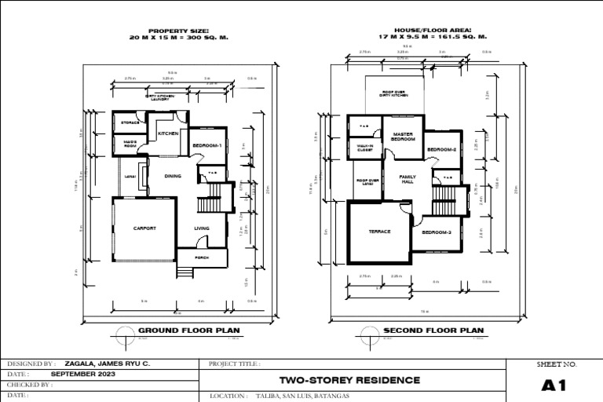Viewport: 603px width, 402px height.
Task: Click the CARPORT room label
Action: pyautogui.click(x=144, y=228)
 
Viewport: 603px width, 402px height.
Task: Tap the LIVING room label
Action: pyautogui.click(x=202, y=228)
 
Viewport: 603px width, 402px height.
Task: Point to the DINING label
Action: pyautogui.click(x=172, y=176)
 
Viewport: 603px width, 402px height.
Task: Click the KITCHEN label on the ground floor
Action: pyautogui.click(x=168, y=134)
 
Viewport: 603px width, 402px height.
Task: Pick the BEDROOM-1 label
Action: pyautogui.click(x=207, y=145)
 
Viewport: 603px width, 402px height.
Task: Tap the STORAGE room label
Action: pyautogui.click(x=130, y=122)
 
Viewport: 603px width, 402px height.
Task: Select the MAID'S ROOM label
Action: pyautogui.click(x=130, y=144)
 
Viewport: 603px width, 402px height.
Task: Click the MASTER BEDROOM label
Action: pyautogui.click(x=403, y=137)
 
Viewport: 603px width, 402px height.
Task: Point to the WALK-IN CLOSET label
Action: pyautogui.click(x=364, y=148)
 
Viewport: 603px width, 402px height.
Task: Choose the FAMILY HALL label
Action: pyautogui.click(x=407, y=179)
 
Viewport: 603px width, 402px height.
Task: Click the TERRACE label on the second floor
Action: pyautogui.click(x=380, y=232)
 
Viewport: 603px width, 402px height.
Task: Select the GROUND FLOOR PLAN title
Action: pyautogui.click(x=189, y=331)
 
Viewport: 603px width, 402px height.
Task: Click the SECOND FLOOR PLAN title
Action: pyautogui.click(x=433, y=331)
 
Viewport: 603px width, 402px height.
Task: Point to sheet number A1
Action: pyautogui.click(x=554, y=386)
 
